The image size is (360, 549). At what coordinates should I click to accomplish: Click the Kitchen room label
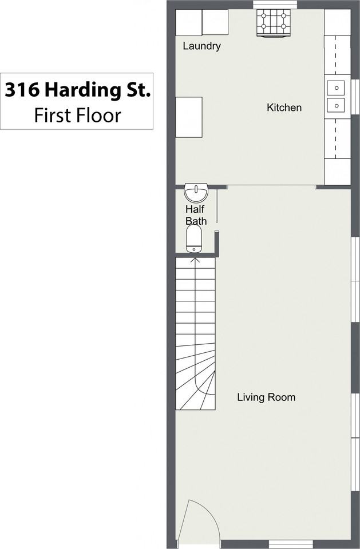[x=284, y=108]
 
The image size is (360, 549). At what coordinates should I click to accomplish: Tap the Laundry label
[x=201, y=46]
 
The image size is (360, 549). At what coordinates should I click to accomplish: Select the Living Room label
[x=266, y=397]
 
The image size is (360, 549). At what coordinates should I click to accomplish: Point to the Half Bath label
[x=195, y=215]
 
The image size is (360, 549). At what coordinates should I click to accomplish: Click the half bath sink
[x=196, y=191]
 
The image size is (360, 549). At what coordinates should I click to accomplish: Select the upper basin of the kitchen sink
[x=336, y=88]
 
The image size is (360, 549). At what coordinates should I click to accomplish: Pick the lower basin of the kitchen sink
[x=336, y=105]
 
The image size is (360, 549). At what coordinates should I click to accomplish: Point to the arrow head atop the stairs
[x=195, y=261]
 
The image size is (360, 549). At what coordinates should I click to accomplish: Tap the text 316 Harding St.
[x=77, y=90]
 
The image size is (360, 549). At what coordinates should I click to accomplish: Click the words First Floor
[x=77, y=115]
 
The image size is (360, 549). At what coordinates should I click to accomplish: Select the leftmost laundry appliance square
[x=188, y=23]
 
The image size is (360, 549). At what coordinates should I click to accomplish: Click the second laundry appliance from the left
[x=215, y=23]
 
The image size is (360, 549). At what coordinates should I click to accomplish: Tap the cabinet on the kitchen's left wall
[x=188, y=117]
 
